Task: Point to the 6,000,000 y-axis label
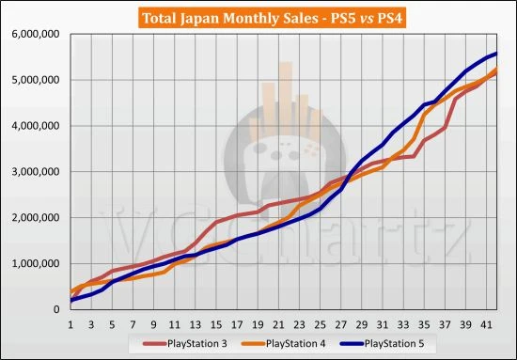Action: (x=36, y=34)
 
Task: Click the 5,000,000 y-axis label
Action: (x=36, y=80)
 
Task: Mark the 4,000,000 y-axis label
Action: (x=36, y=126)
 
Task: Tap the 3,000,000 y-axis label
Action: (x=36, y=172)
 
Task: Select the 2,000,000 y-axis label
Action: (x=36, y=218)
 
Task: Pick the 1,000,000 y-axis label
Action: (x=36, y=263)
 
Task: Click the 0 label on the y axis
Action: (x=59, y=309)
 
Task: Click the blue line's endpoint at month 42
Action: (x=495, y=54)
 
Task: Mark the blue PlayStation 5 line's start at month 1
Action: (x=71, y=300)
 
